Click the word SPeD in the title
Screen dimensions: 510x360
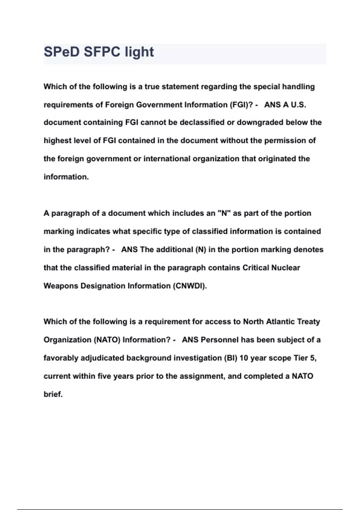[61, 52]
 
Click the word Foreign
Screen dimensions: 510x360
[119, 105]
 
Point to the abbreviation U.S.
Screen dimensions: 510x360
[298, 105]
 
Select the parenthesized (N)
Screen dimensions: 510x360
[201, 250]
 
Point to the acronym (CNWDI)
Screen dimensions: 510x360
[190, 286]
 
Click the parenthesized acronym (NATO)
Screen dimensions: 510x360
[107, 340]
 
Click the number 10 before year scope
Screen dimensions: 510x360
[244, 358]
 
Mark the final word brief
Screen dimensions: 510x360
[53, 394]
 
